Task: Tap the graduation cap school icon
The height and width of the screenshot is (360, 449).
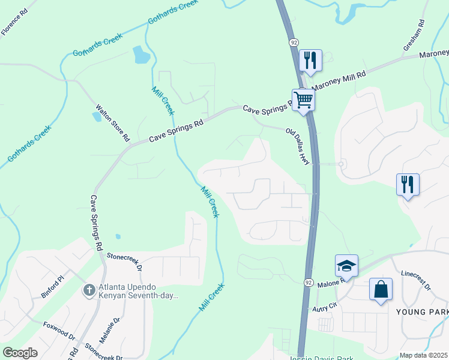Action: pos(346,265)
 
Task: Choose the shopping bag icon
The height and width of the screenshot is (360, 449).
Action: pos(381,289)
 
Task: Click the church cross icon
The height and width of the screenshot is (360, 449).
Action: pos(89,291)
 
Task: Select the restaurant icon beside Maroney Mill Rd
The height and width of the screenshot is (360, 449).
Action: pos(310,60)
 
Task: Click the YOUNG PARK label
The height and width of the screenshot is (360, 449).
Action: pos(422,312)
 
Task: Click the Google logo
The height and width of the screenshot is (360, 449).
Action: pos(20,353)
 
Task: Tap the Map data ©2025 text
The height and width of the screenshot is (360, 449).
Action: pos(423,355)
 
